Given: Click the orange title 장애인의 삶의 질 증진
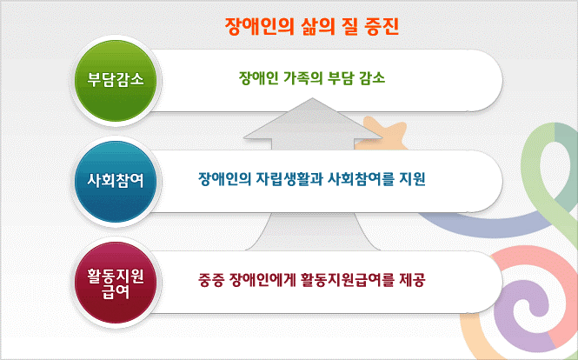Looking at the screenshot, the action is coord(312,26).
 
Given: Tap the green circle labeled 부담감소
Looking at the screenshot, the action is coord(116,80).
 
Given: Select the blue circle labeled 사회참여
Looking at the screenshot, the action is coord(116,181).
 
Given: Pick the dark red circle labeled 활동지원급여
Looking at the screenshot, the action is coord(116,282).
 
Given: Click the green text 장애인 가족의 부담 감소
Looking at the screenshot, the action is coord(312,78).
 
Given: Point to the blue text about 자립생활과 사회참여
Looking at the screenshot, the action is coord(312,179).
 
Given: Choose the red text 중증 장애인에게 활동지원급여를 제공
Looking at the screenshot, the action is coord(312,280).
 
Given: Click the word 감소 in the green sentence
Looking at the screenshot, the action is coord(372,78).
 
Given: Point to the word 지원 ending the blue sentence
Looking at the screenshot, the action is coord(413,179).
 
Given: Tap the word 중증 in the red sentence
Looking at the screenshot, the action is coord(211,280).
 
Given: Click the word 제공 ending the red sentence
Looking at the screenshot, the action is coord(413,280).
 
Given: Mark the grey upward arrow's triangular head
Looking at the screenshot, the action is coord(313,120).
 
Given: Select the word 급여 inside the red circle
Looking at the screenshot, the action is coord(116,292).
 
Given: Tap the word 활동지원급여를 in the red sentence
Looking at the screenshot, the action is coord(348,280).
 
